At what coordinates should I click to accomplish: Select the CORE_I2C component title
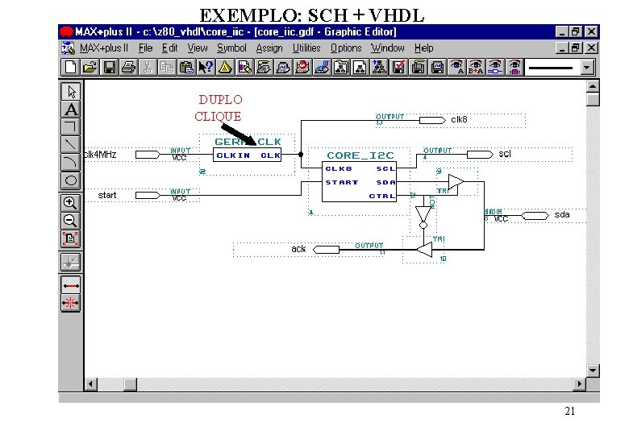[x=360, y=155]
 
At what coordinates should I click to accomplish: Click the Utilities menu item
[x=306, y=48]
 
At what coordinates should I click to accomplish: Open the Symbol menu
[x=231, y=48]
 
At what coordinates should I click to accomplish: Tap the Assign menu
[x=269, y=48]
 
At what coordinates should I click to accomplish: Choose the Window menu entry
[x=387, y=48]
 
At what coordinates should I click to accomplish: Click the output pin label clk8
[x=459, y=120]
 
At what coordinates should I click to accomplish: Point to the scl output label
[x=505, y=153]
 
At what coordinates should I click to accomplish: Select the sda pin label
[x=561, y=215]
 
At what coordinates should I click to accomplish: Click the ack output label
[x=298, y=249]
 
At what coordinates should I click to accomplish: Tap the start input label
[x=107, y=195]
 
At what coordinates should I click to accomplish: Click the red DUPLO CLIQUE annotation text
[x=219, y=108]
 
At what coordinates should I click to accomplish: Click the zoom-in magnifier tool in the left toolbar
[x=71, y=203]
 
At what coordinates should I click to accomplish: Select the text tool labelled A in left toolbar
[x=71, y=109]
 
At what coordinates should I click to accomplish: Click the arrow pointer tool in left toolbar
[x=71, y=91]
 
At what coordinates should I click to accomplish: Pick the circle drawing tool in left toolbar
[x=71, y=180]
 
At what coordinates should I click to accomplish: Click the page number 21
[x=570, y=412]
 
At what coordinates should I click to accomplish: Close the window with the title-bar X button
[x=592, y=31]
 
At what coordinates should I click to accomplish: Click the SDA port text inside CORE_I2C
[x=385, y=182]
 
